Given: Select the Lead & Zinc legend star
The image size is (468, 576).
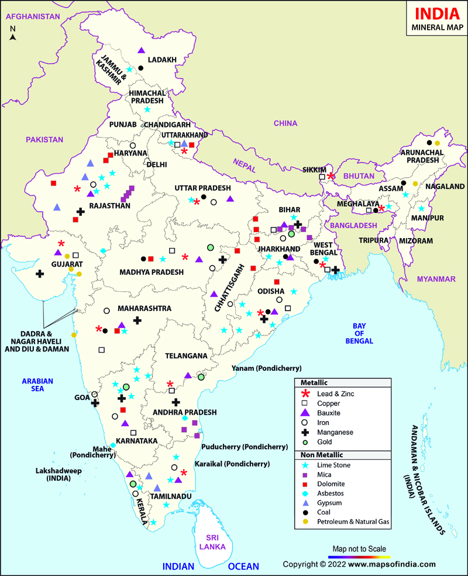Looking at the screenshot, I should [x=303, y=394].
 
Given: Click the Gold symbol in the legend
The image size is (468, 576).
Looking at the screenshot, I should [x=303, y=442].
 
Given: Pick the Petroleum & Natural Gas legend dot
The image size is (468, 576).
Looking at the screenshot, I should [x=303, y=522].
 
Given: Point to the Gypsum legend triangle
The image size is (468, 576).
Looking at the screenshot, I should [x=303, y=503].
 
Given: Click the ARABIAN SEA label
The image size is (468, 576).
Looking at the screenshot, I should [x=37, y=384].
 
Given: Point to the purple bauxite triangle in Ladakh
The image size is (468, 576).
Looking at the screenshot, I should [x=141, y=51].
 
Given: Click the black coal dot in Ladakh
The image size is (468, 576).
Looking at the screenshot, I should [x=141, y=68].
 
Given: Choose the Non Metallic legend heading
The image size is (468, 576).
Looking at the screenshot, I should [x=322, y=454].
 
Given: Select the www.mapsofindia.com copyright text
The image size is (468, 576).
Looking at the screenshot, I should [x=359, y=564].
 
